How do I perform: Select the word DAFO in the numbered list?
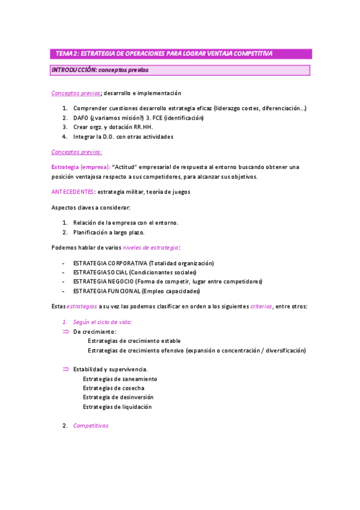tap(81, 117)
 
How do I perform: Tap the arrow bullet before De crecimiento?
tap(66, 331)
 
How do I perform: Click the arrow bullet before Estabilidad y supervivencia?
tap(66, 369)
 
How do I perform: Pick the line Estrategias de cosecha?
tap(114, 388)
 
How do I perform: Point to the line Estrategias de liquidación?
tap(117, 407)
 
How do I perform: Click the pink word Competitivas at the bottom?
tap(90, 426)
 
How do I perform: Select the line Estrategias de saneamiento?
tap(120, 379)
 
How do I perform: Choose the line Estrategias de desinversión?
tap(118, 397)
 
